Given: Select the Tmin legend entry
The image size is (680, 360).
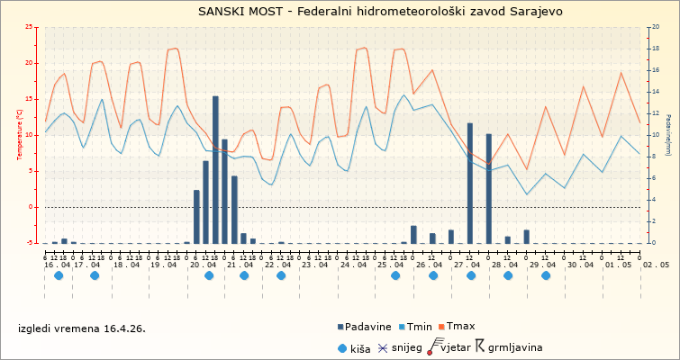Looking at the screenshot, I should pos(420,326).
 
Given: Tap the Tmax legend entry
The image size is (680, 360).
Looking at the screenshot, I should pos(461,326).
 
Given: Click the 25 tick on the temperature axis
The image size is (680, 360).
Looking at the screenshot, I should pos(31,27).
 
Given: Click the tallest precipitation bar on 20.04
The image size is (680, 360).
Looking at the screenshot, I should pos(215,169).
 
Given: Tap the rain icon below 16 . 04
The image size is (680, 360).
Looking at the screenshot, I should pos(59,275).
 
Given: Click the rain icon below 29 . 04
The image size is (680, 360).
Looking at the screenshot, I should pos(546,275).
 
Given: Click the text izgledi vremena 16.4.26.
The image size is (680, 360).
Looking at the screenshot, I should pos(82,328).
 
